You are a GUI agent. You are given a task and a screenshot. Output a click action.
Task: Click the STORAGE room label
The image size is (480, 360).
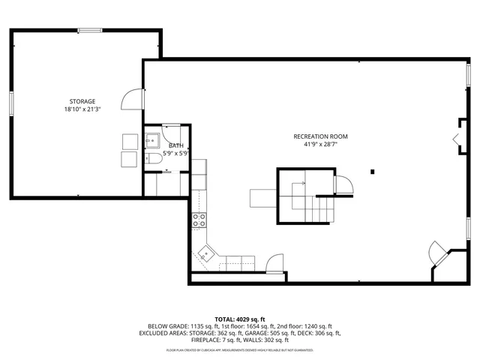pos(82,101)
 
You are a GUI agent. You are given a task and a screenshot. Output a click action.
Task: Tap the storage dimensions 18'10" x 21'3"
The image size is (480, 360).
pos(82,109)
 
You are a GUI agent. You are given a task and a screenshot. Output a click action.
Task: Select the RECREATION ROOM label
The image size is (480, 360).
pos(320,136)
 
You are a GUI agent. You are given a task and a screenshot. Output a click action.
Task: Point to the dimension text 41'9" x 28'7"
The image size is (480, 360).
pos(320,144)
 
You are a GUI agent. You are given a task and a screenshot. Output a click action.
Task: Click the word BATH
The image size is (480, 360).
pos(175,145)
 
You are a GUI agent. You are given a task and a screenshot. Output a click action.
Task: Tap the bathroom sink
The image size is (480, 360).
pos(151,139)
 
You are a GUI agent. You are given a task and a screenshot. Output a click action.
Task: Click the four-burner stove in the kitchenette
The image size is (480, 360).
pos(199,220)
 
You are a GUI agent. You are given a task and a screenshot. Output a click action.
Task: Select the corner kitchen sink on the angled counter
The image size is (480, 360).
pos(205,254)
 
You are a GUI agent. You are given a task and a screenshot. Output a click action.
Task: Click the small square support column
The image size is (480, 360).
pos(372,172)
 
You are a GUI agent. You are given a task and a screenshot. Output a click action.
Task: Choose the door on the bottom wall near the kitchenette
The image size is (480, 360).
pos(274,262)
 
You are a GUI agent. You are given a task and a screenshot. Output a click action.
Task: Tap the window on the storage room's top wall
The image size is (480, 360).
pos(90,30)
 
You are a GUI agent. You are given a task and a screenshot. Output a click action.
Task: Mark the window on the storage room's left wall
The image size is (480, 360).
pos(11,103)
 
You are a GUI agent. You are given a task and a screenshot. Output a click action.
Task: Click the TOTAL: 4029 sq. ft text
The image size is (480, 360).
pos(240,319)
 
